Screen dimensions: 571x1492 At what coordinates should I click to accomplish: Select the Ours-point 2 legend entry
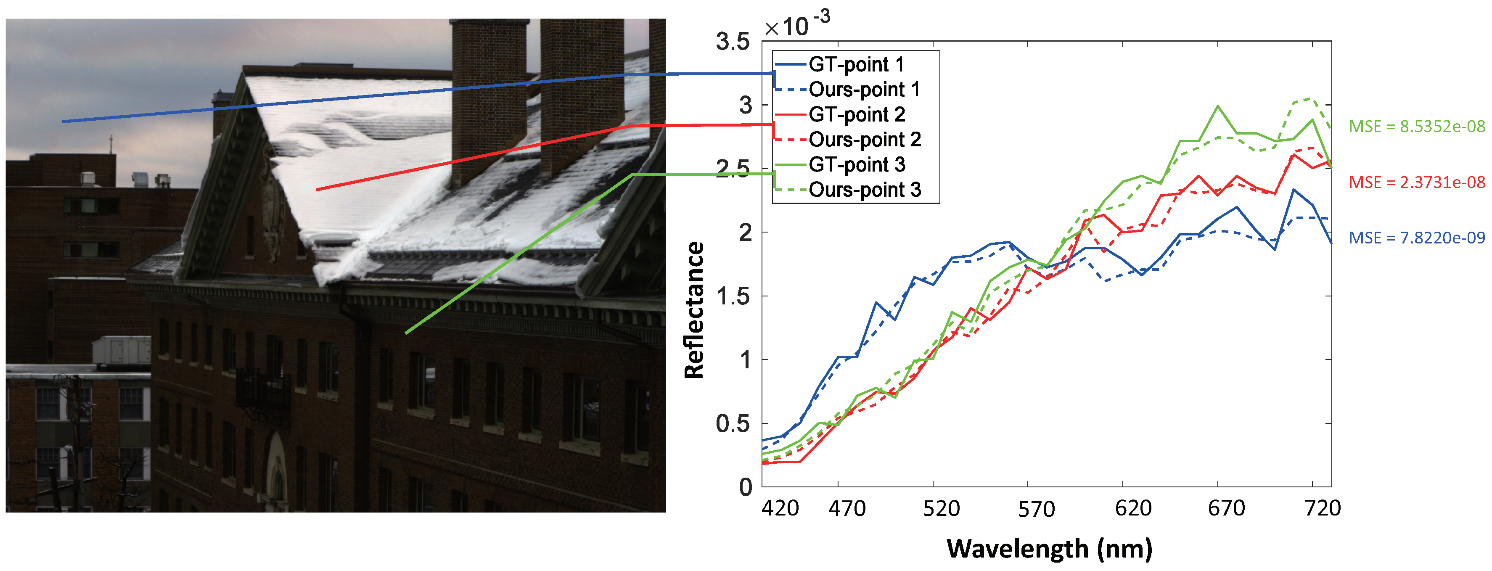[x=864, y=140]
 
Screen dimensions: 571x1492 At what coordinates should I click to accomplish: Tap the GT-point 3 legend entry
[x=857, y=164]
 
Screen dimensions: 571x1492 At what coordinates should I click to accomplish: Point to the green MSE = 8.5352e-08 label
[x=1417, y=126]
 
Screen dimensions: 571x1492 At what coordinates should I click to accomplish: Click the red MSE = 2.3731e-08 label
[x=1417, y=182]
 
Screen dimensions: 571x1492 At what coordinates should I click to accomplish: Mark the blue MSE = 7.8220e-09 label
[x=1417, y=238]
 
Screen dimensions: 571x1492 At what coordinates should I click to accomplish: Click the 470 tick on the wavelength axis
[x=847, y=508]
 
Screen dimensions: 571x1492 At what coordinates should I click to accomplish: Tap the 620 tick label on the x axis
[x=1133, y=508]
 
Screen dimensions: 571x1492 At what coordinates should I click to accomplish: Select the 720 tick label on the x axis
[x=1322, y=508]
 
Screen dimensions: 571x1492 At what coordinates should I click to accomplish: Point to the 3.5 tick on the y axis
[x=733, y=42]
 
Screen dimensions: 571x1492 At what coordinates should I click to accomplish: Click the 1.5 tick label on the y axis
[x=733, y=296]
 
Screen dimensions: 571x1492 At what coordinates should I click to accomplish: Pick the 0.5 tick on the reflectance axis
[x=733, y=424]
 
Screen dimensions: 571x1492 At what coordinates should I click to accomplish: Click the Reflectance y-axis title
[x=694, y=310]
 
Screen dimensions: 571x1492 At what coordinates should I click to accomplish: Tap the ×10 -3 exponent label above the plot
[x=796, y=25]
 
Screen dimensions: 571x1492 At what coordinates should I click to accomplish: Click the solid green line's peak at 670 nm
[x=1217, y=106]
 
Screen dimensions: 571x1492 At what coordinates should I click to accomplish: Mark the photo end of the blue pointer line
[x=63, y=122]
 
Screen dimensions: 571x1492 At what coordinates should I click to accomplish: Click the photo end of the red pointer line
[x=317, y=189]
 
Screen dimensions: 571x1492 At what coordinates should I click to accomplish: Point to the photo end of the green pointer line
[x=406, y=333]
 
